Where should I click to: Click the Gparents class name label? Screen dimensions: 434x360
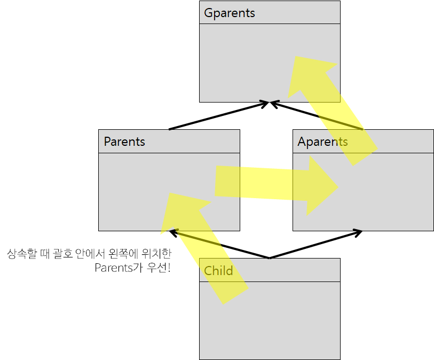tap(230, 13)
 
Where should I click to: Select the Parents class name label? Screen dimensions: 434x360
tap(124, 142)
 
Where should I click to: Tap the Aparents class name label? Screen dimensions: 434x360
tap(322, 142)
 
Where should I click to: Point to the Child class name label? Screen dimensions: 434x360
tap(218, 271)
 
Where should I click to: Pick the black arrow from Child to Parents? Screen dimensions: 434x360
tap(219, 245)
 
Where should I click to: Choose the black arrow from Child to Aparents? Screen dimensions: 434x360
tap(315, 245)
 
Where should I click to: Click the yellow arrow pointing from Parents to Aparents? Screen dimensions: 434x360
tap(267, 184)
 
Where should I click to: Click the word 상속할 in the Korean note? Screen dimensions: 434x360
tap(19, 254)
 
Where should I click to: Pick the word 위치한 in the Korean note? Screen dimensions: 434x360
tap(157, 254)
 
